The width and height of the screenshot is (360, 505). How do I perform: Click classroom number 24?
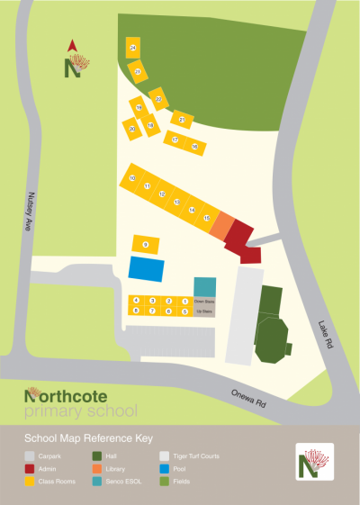click(x=133, y=47)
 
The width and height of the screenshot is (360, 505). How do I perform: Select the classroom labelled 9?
click(x=146, y=244)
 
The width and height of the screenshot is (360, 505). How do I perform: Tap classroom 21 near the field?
click(x=182, y=119)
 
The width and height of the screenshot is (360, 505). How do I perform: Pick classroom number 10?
click(x=132, y=179)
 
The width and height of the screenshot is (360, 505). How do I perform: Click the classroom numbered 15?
click(x=207, y=219)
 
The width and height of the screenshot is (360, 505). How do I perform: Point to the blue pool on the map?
click(x=147, y=268)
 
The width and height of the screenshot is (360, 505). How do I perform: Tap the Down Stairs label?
click(x=204, y=301)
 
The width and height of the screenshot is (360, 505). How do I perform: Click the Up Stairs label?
click(x=204, y=311)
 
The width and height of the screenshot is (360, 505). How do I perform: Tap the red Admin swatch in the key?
click(x=31, y=469)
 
